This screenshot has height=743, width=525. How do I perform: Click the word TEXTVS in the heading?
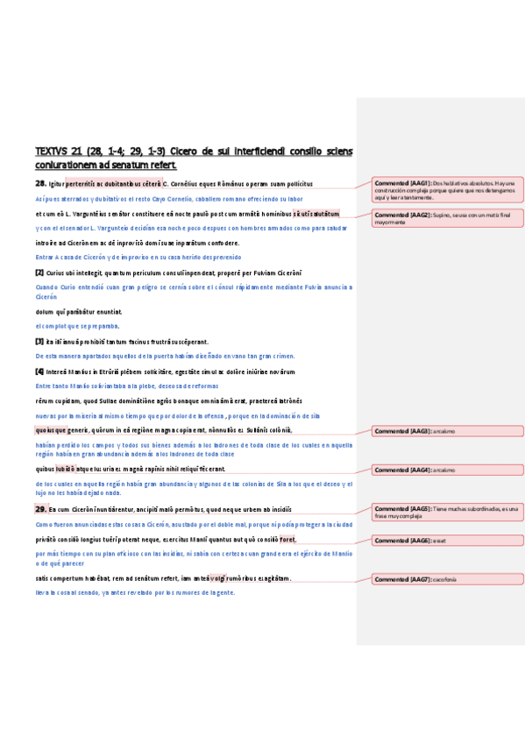point(51,151)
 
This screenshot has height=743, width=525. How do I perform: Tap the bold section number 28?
point(40,184)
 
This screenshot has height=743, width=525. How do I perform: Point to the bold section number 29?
point(40,509)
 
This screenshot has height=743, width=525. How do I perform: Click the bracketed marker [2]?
point(39,273)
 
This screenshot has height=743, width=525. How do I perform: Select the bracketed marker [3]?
point(39,342)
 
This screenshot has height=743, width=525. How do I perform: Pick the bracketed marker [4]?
point(39,371)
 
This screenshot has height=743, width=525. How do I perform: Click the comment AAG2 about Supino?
point(448,218)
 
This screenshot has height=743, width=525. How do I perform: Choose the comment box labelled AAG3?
point(448,431)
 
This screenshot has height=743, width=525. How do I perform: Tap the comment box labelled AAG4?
point(448,471)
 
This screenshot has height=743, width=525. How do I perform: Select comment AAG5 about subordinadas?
point(448,511)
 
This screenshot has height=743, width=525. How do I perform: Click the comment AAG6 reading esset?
point(448,541)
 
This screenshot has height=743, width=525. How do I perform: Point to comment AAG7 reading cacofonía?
point(448,579)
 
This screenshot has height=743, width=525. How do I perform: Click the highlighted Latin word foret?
point(288,540)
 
